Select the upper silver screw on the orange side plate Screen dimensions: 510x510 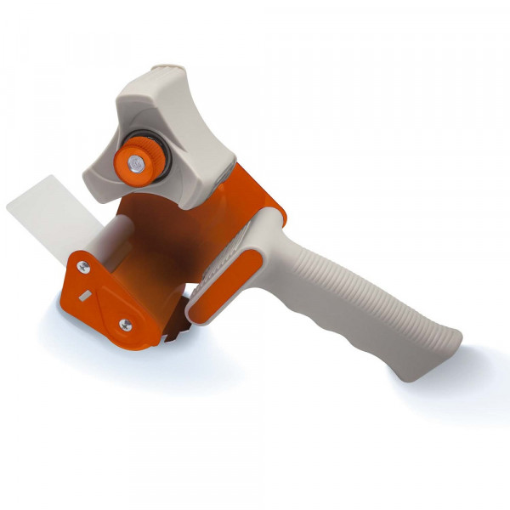[83, 268]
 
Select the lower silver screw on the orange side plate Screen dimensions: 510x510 [125, 323]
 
